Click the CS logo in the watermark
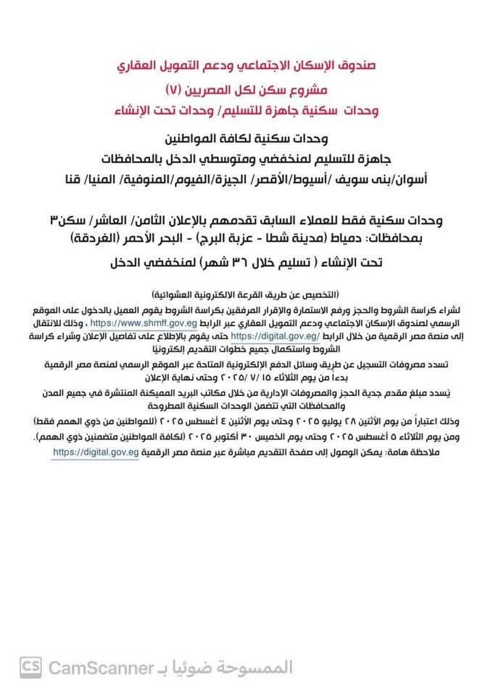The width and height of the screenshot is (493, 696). click(x=30, y=666)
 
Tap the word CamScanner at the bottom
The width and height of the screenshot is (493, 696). click(x=99, y=666)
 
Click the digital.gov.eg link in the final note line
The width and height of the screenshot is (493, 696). click(x=96, y=452)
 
